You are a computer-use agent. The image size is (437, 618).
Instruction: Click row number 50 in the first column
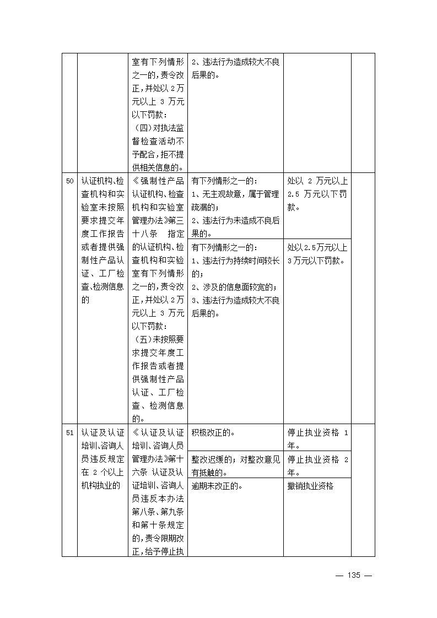coord(69,181)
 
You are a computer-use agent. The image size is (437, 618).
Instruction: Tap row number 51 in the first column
coord(69,433)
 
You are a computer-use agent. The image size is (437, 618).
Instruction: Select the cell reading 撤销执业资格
coord(311,486)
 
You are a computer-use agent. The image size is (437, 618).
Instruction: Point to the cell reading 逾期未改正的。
coord(218,486)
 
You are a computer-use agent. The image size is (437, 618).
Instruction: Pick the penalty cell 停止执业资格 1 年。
coord(317,438)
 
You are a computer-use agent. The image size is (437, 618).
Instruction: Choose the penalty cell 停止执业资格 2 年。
coord(317,465)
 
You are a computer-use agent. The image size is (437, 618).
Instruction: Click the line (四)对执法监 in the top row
coord(158,128)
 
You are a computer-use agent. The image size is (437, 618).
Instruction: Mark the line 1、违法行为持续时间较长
coord(235,260)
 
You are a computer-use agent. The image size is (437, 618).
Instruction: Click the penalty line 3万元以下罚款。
coord(316,261)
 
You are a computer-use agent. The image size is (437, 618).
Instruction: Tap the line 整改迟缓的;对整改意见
coord(235,459)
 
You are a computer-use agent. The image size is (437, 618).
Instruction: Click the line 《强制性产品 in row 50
coord(158,181)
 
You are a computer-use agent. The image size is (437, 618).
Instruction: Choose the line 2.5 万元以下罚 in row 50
coord(317,194)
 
